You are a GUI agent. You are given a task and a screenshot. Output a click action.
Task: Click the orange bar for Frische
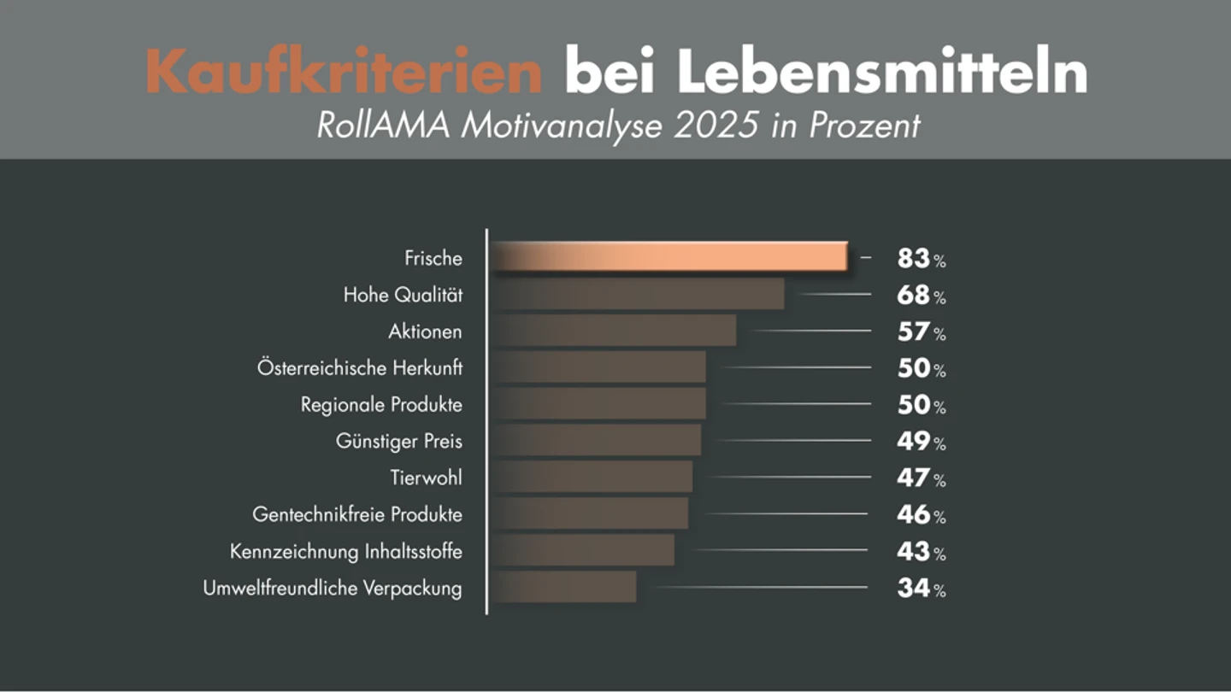pyautogui.click(x=669, y=256)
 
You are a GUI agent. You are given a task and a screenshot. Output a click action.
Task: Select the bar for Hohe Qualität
pyautogui.click(x=638, y=294)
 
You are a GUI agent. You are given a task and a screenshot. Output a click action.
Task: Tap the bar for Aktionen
pyautogui.click(x=614, y=330)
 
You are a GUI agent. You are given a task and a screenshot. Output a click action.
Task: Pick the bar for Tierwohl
pyautogui.click(x=592, y=477)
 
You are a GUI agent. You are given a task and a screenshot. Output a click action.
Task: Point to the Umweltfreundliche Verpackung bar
pyautogui.click(x=564, y=587)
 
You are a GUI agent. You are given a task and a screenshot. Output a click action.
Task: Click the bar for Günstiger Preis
pyautogui.click(x=597, y=440)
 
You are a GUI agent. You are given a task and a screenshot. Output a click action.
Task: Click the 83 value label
pyautogui.click(x=922, y=258)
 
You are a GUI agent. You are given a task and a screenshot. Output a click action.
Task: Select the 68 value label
pyautogui.click(x=922, y=295)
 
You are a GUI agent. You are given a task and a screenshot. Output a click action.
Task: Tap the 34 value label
pyautogui.click(x=922, y=588)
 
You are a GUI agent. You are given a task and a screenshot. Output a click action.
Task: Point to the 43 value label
pyautogui.click(x=922, y=551)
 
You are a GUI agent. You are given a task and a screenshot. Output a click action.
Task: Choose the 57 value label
pyautogui.click(x=922, y=331)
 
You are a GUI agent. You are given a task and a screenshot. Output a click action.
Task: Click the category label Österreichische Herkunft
pyautogui.click(x=360, y=367)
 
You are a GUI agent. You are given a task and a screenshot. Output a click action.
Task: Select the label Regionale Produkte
pyautogui.click(x=381, y=405)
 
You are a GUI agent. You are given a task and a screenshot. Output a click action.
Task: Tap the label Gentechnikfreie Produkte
pyautogui.click(x=357, y=514)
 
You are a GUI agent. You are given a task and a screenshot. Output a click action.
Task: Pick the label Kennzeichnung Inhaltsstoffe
pyautogui.click(x=346, y=551)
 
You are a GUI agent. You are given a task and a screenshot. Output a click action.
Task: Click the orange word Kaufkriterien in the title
pyautogui.click(x=344, y=71)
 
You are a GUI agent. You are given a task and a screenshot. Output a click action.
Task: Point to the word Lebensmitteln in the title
pyautogui.click(x=882, y=71)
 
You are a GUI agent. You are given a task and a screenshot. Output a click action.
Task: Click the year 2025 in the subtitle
pyautogui.click(x=716, y=126)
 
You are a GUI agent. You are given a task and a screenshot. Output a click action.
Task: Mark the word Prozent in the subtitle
pyautogui.click(x=864, y=126)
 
